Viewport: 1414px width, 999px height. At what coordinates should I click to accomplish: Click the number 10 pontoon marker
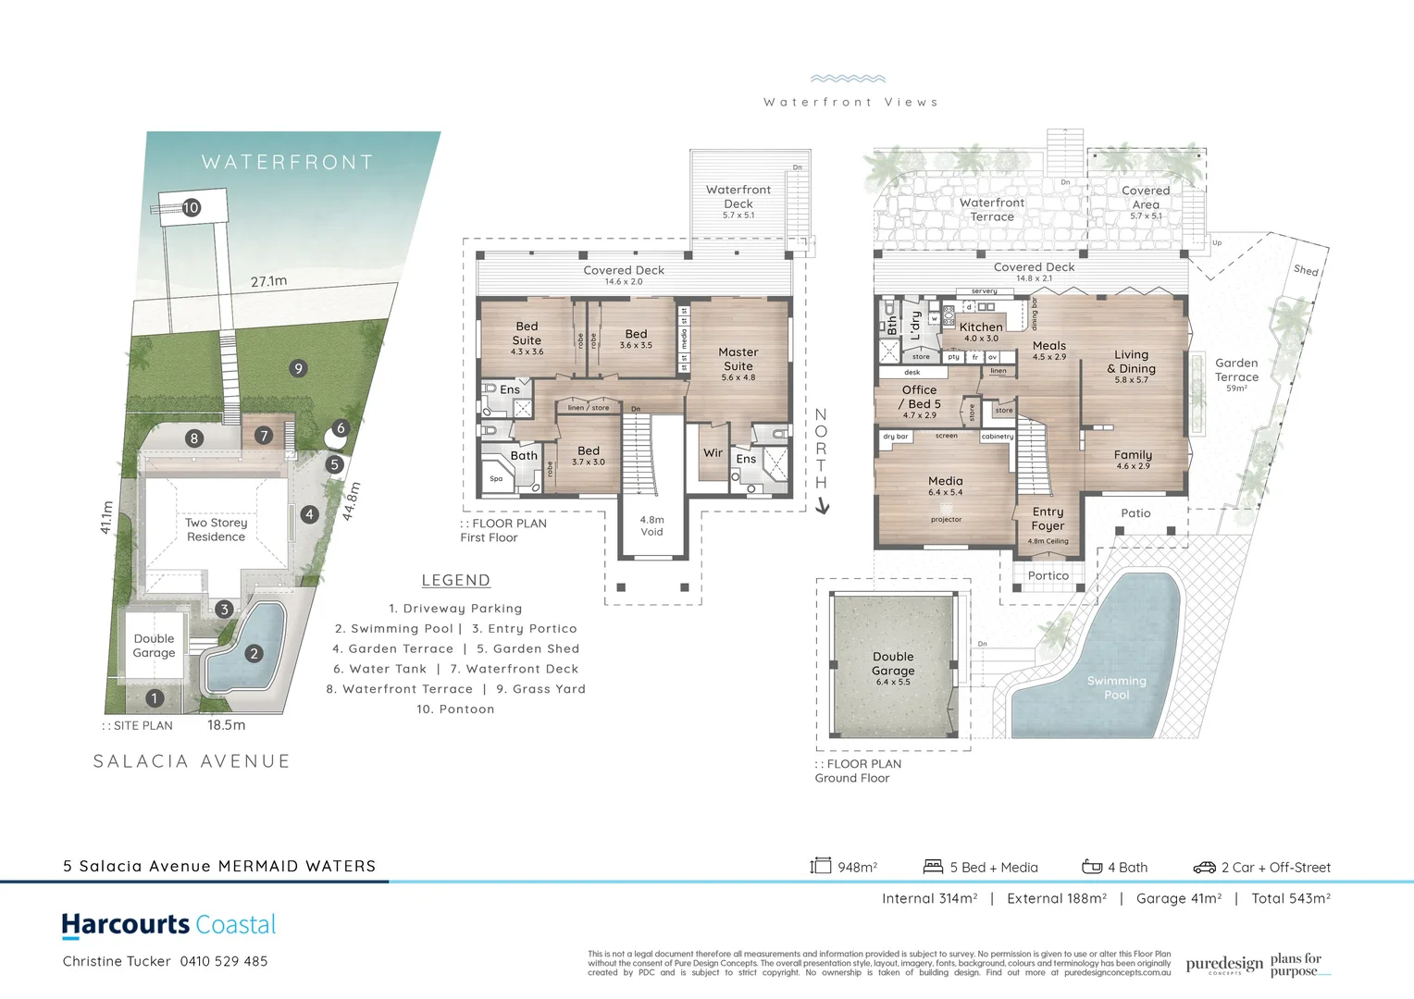pyautogui.click(x=192, y=207)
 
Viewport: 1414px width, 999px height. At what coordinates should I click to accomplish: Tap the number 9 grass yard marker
pyautogui.click(x=298, y=368)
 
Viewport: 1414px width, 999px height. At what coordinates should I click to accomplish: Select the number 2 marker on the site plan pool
pyautogui.click(x=254, y=653)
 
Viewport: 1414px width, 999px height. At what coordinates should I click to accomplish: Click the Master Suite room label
pyautogui.click(x=738, y=359)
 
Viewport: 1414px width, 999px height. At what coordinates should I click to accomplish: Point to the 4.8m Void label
pyautogui.click(x=651, y=525)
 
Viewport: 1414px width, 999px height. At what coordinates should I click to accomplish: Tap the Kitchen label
pyautogui.click(x=981, y=327)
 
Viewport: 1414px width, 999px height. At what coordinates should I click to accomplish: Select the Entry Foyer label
pyautogui.click(x=1048, y=518)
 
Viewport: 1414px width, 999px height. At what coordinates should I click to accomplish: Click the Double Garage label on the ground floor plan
pyautogui.click(x=893, y=663)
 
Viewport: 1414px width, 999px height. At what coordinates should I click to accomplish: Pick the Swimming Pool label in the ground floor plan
pyautogui.click(x=1116, y=687)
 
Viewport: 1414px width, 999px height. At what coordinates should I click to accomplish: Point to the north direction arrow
pyautogui.click(x=822, y=506)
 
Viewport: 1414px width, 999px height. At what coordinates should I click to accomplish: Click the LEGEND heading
pyautogui.click(x=455, y=580)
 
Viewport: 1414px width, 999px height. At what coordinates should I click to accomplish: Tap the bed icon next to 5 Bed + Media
pyautogui.click(x=933, y=867)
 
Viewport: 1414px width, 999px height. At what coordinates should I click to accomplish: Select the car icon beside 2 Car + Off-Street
pyautogui.click(x=1204, y=867)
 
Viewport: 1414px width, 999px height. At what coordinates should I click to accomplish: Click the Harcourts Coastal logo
pyautogui.click(x=168, y=924)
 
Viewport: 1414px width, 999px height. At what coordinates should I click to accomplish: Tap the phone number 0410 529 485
pyautogui.click(x=224, y=961)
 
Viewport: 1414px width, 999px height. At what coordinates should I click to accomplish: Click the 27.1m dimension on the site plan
pyautogui.click(x=268, y=280)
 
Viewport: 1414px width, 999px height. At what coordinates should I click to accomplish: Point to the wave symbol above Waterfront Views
pyautogui.click(x=848, y=80)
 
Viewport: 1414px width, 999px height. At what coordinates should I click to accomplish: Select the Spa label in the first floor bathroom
pyautogui.click(x=496, y=478)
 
